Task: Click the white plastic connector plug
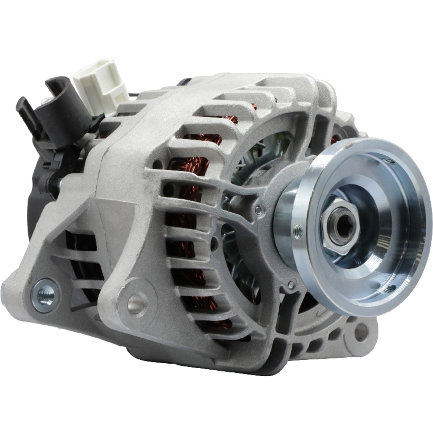click(100, 83)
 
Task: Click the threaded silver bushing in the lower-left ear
click(44, 295)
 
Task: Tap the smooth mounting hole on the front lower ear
click(136, 303)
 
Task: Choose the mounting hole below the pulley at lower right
click(360, 332)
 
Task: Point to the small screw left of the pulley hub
click(258, 210)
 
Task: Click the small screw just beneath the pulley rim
click(291, 285)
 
